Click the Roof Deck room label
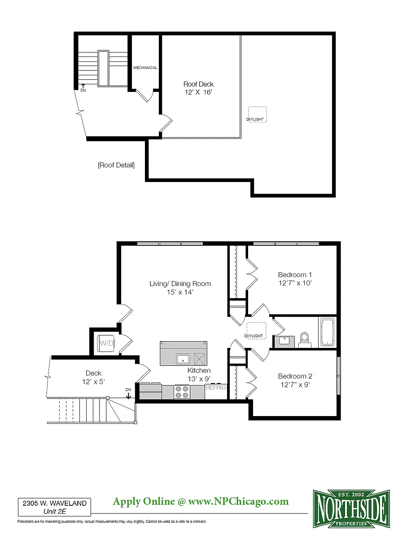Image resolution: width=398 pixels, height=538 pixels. tap(198, 84)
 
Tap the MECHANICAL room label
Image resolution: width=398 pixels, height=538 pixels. tap(145, 68)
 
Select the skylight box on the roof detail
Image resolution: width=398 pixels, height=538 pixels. tap(257, 114)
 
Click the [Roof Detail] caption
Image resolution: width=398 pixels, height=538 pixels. tap(116, 165)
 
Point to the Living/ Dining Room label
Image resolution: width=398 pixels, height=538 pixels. tap(180, 283)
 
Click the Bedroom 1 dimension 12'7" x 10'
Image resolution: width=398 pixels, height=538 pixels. tap(295, 283)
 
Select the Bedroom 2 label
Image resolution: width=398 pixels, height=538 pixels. tap(295, 376)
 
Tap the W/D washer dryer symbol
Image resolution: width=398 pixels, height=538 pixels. tap(106, 343)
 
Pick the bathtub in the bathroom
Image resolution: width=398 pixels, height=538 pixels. tap(328, 332)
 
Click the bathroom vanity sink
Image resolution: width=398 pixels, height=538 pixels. tap(284, 342)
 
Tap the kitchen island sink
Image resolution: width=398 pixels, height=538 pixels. tap(183, 359)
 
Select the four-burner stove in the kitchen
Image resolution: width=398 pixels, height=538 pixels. tap(182, 391)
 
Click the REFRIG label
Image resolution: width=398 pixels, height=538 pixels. tap(216, 387)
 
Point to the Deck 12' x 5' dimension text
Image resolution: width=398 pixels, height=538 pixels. tap(93, 382)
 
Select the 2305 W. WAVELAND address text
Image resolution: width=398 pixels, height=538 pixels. tap(55, 503)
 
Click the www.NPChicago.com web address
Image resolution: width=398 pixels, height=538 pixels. tap(238, 501)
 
